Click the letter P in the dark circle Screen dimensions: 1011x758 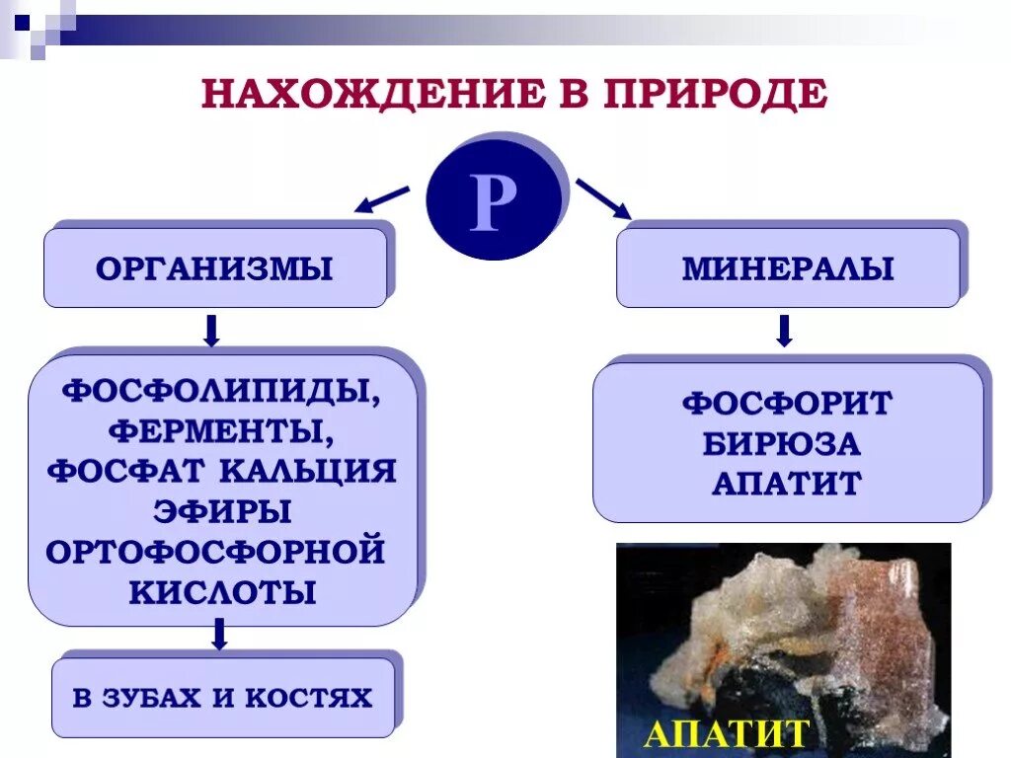tap(493, 204)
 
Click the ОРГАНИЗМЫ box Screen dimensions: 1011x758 tap(214, 268)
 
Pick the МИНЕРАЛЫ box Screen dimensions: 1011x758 tap(787, 268)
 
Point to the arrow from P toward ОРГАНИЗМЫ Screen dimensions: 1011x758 tap(382, 198)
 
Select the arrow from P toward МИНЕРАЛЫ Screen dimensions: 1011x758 tap(603, 198)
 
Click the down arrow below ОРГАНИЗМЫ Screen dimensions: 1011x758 tap(210, 331)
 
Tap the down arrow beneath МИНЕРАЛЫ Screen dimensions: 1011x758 tap(784, 331)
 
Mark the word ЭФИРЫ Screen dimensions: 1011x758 tap(222, 511)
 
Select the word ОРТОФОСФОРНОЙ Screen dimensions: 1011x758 tap(215, 551)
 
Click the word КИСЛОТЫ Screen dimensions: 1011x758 tap(222, 591)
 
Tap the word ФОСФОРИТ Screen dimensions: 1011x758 tap(787, 404)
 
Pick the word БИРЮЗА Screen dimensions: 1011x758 tap(782, 444)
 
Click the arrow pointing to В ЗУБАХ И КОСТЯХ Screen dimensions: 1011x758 tap(219, 634)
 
